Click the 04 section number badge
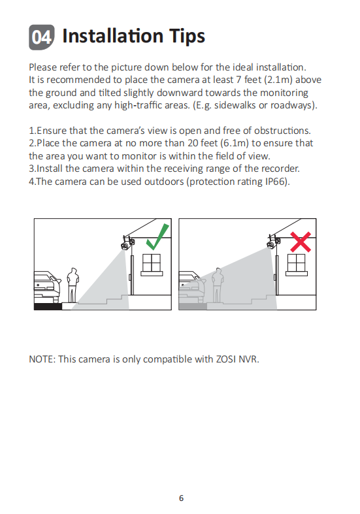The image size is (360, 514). [42, 37]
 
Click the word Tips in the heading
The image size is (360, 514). [188, 36]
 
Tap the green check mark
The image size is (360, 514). [157, 236]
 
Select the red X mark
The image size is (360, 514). [301, 242]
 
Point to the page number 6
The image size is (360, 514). [182, 498]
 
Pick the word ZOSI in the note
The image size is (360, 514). [226, 359]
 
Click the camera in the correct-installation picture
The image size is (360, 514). [127, 243]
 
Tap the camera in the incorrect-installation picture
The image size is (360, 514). [274, 242]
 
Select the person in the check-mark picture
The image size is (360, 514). [73, 285]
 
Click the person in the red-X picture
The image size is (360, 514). [218, 285]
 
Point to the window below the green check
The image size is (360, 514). [152, 265]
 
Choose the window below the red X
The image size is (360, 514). [297, 265]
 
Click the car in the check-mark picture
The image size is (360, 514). [48, 287]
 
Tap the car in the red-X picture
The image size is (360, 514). [192, 287]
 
